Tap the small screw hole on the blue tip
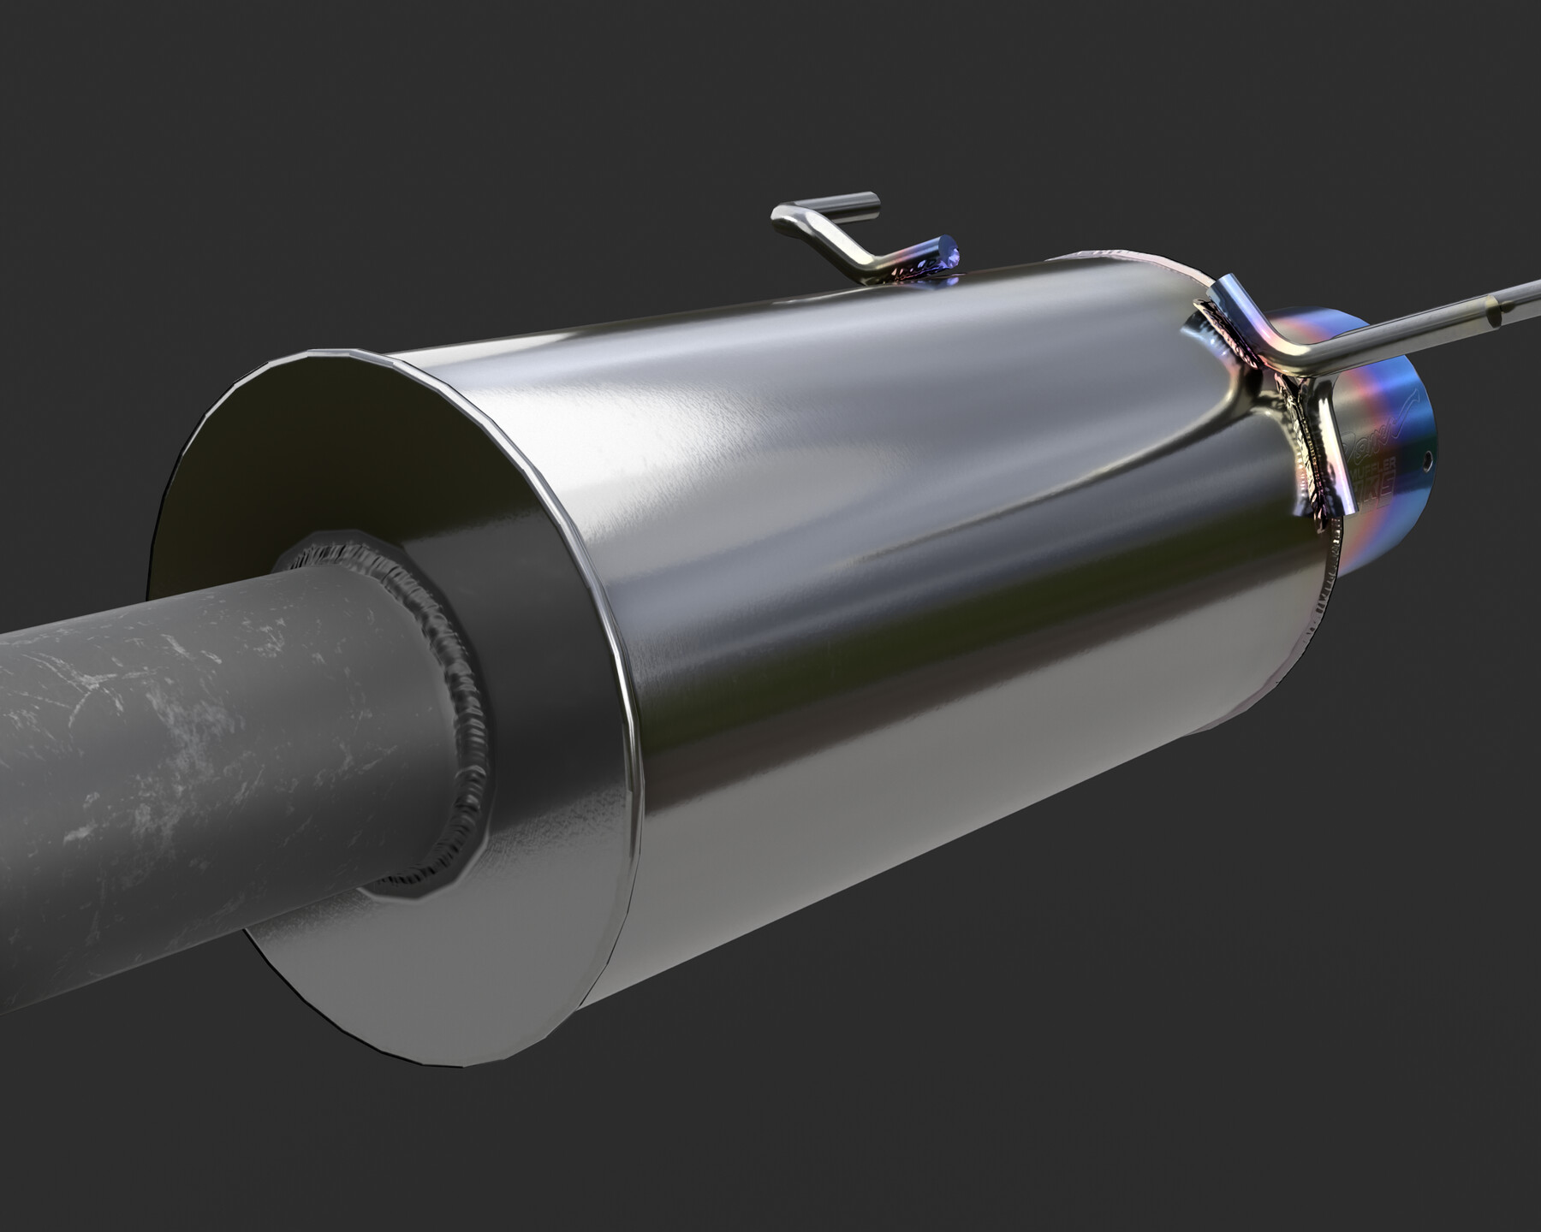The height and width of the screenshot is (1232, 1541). (1427, 459)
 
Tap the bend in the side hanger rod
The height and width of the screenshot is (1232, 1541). (1301, 364)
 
